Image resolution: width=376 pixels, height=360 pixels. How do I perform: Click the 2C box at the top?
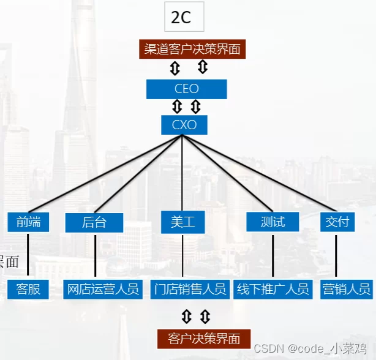pos(184,17)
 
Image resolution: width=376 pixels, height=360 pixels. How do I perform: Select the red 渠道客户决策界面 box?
pos(192,49)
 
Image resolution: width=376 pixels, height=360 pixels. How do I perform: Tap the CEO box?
pos(187,89)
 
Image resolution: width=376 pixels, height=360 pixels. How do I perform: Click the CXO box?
pos(184,125)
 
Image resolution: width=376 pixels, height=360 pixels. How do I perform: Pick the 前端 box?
pos(28,222)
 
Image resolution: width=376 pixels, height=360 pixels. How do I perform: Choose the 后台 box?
pos(94,222)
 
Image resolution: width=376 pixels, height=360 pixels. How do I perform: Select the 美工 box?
pos(182,222)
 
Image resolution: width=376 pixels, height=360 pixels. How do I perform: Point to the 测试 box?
pos(273,222)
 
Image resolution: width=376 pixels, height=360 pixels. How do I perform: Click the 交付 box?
pos(337,222)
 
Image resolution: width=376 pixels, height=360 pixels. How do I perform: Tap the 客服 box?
pos(28,289)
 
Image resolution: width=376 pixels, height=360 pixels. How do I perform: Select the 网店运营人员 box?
pos(103,289)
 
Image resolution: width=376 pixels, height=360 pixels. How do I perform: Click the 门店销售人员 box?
pos(190,289)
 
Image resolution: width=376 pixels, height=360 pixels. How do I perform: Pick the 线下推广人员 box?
pos(273,289)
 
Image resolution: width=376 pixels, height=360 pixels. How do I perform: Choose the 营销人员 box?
pos(346,289)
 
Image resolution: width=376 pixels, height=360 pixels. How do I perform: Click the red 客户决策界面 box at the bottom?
pos(204,339)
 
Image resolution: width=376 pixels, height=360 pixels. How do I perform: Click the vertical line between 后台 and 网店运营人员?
pos(95,255)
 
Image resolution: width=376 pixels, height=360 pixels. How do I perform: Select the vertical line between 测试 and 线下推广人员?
pos(273,255)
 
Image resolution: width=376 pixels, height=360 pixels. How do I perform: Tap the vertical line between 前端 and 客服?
pos(28,255)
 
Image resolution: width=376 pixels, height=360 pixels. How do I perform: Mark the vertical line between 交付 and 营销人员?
pos(336,255)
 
